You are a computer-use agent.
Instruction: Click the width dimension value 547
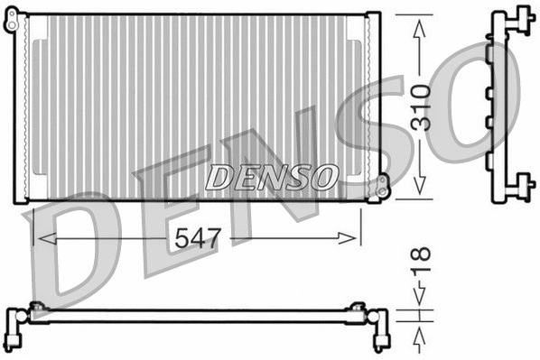click(x=198, y=238)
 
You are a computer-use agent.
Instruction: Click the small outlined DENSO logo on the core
click(x=271, y=177)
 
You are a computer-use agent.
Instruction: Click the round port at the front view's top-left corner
click(x=12, y=25)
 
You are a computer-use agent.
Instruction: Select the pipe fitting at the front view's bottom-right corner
click(x=383, y=186)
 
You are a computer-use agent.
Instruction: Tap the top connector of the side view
click(x=517, y=17)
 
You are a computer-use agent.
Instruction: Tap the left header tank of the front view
click(x=23, y=108)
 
